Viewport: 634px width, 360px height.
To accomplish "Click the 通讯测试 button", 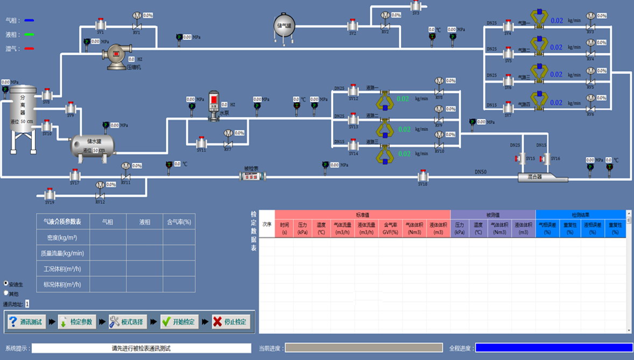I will (x=25, y=322).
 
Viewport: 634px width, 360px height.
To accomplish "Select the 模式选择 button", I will (x=128, y=322).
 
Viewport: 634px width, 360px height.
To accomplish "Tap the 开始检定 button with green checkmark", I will (x=179, y=322).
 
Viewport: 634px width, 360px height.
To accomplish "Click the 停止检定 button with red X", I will (x=231, y=322).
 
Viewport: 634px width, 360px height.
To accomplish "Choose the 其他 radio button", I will (x=6, y=293).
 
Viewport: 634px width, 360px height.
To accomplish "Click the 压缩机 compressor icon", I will (x=116, y=55).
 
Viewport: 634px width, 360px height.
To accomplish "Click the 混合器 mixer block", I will (x=540, y=177).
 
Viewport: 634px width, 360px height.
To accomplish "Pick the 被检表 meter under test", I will (x=252, y=176).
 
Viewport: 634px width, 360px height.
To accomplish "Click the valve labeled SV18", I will (x=423, y=175).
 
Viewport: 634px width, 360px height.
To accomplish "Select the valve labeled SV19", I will (x=50, y=194).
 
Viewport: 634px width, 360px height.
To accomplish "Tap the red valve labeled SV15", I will (x=520, y=158).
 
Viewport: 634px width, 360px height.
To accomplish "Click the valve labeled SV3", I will (x=415, y=6).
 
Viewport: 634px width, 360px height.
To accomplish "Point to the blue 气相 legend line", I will (x=29, y=20).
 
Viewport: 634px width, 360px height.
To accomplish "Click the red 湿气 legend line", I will (x=29, y=49).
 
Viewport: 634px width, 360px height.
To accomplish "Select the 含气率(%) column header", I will (x=179, y=222).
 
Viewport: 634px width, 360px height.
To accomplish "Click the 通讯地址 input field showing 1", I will (x=27, y=304).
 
